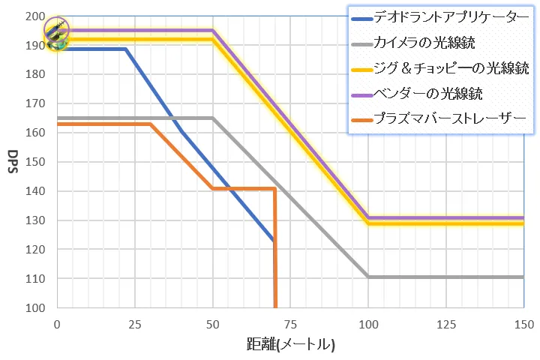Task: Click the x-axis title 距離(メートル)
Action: [x=289, y=346]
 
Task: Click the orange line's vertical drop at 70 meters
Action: [x=275, y=247]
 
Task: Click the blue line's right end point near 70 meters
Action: [x=274, y=240]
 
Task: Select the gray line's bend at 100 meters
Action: [x=367, y=277]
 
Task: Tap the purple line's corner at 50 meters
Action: [x=213, y=31]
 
